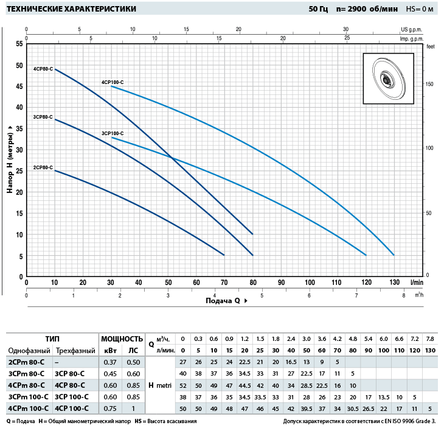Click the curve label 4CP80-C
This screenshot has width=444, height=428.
pos(43,69)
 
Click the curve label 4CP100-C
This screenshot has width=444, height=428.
pos(113,82)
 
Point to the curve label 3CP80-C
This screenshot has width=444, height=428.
pos(43,116)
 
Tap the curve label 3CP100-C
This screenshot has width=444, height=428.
pos(113,133)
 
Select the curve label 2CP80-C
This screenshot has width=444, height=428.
pos(43,167)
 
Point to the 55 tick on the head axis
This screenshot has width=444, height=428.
pos(19,44)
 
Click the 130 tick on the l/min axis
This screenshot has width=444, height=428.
pos(394,282)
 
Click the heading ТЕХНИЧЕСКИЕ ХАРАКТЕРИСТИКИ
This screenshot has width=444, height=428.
pos(71,9)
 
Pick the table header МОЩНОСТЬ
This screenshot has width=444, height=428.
pos(122,339)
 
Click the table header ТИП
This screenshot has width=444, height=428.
pos(52,339)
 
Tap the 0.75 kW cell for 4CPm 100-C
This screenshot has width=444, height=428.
pos(110,408)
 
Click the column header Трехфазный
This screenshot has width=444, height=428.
pos(75,351)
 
